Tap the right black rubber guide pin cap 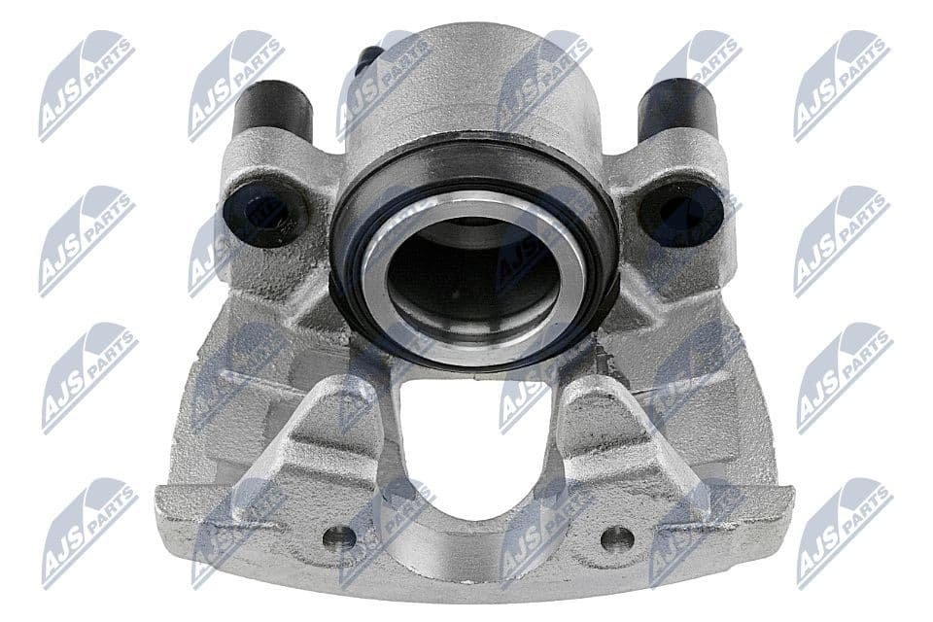(x=676, y=109)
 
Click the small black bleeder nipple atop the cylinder (x=366, y=60)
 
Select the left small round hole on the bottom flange (x=339, y=535)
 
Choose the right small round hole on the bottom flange (x=617, y=537)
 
